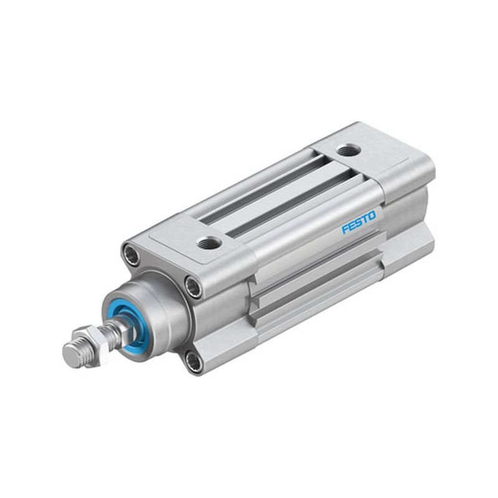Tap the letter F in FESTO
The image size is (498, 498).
[x=345, y=229]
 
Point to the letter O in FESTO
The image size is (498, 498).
[x=372, y=215]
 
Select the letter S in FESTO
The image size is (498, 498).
[x=359, y=222]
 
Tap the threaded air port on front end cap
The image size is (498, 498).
[x=206, y=244]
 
